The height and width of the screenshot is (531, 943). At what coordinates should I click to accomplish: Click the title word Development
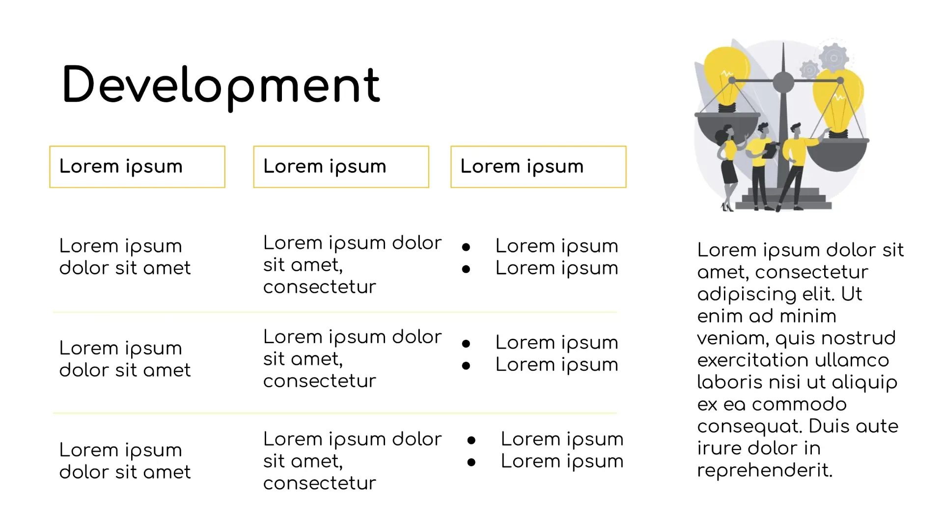(x=221, y=86)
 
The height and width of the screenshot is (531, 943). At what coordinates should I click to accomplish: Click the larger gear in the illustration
(x=833, y=58)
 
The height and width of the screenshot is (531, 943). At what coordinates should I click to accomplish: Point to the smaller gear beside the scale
(x=809, y=70)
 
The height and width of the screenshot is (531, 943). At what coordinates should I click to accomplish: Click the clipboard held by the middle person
(x=770, y=149)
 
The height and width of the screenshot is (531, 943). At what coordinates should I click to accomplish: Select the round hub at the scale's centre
(x=783, y=82)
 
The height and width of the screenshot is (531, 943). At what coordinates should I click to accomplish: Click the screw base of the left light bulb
(x=727, y=108)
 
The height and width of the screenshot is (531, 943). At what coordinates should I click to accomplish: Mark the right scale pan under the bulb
(x=837, y=155)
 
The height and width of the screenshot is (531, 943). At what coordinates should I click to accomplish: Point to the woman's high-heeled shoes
(x=727, y=207)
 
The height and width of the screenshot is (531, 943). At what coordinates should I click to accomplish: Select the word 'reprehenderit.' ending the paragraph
(x=765, y=471)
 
